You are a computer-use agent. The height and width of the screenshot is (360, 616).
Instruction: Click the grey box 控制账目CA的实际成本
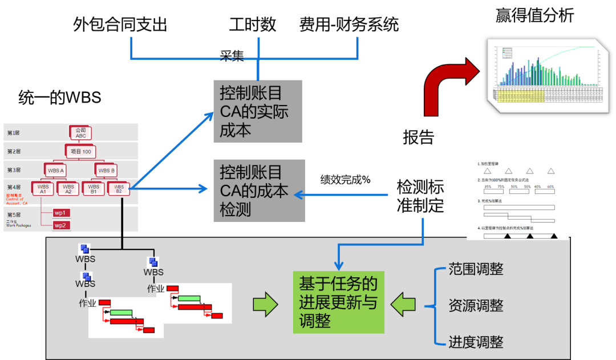[x=257, y=111]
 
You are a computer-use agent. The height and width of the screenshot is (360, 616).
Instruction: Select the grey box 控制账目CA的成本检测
[x=258, y=191]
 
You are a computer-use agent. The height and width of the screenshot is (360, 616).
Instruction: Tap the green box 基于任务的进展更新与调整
[x=338, y=302]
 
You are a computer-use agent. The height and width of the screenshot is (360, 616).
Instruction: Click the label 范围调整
[x=476, y=269]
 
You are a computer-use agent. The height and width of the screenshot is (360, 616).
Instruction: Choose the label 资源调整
[x=476, y=305]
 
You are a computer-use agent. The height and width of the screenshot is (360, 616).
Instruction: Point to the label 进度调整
[x=476, y=342]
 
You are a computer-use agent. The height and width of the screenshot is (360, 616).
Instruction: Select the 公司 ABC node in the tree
[x=80, y=133]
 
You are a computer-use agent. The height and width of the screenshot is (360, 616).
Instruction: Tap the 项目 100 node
[x=80, y=152]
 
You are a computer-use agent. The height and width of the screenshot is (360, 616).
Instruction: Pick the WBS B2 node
[x=119, y=189]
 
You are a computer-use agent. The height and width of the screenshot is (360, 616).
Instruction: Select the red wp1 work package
[x=60, y=213]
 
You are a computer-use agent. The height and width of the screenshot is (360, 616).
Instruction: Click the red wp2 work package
[x=60, y=225]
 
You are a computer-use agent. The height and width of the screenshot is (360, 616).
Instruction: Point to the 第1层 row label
[x=14, y=133]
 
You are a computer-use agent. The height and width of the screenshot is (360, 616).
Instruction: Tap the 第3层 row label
[x=14, y=170]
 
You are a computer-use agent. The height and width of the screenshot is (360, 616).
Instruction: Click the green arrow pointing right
[x=265, y=304]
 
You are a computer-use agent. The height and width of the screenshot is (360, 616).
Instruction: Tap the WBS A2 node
[x=68, y=189]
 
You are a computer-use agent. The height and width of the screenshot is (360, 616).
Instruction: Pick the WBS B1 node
[x=94, y=189]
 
